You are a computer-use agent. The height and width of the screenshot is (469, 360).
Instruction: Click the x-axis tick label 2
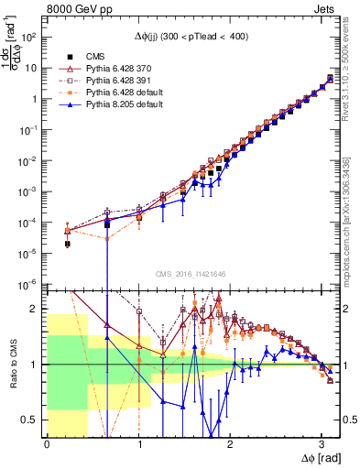(230, 444)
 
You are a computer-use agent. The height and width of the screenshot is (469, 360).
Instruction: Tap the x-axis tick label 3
(322, 444)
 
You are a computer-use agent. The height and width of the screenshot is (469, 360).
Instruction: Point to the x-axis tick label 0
(47, 444)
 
